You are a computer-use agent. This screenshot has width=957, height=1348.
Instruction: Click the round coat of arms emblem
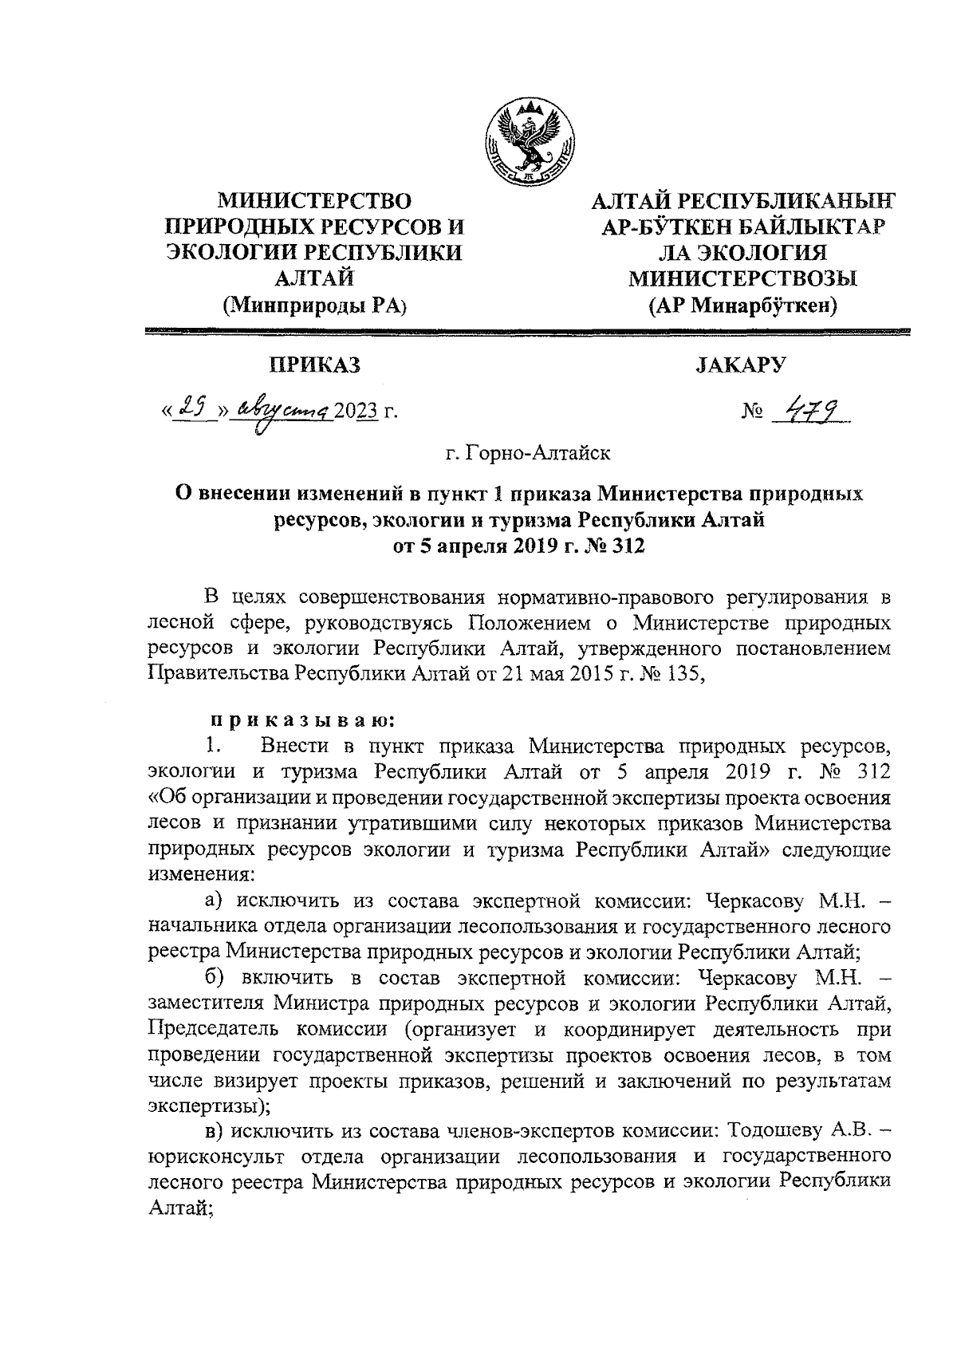point(530,140)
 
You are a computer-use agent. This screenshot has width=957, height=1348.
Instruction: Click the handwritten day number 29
point(189,408)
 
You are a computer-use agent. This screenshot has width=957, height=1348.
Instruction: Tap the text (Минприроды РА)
point(314,304)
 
